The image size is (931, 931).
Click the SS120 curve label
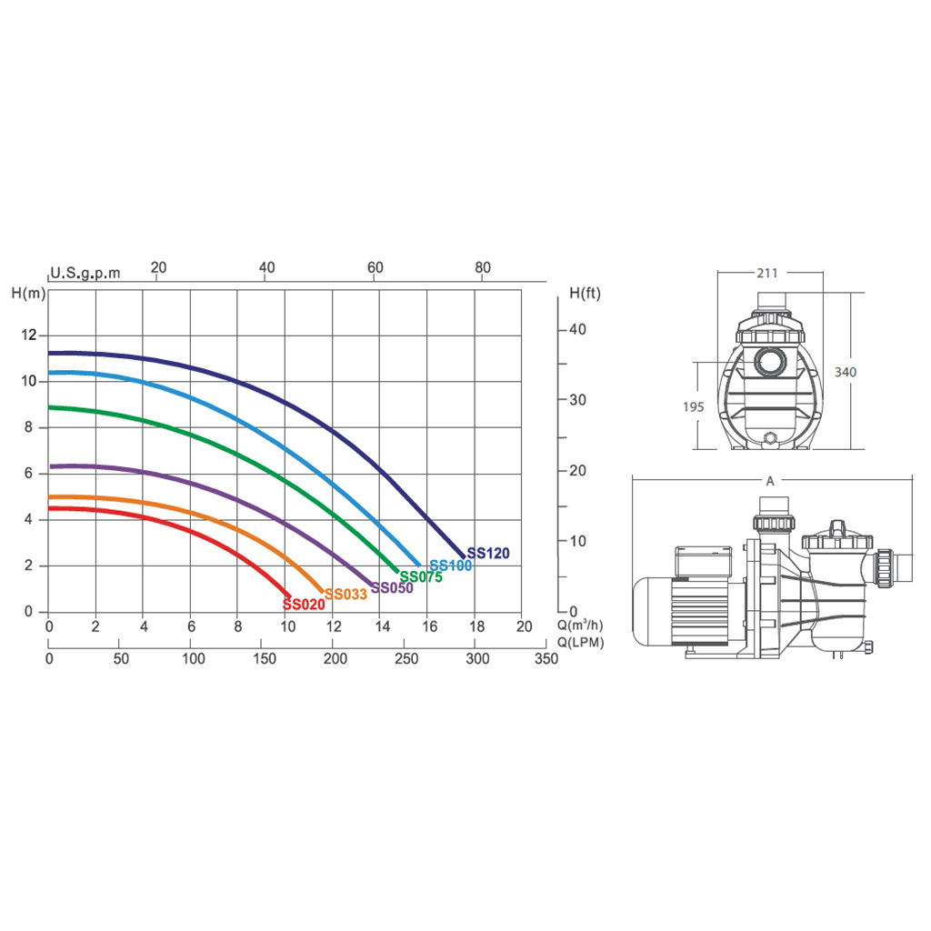(488, 553)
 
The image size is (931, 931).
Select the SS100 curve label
(451, 566)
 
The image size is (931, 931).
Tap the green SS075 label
(421, 576)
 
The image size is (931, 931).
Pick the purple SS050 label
(392, 588)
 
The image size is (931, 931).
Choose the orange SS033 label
(345, 594)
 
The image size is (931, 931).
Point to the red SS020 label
(304, 605)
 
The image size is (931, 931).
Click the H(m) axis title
(28, 293)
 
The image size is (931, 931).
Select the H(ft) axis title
(585, 293)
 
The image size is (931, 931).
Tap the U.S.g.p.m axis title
(85, 273)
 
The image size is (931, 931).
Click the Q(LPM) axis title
(581, 643)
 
